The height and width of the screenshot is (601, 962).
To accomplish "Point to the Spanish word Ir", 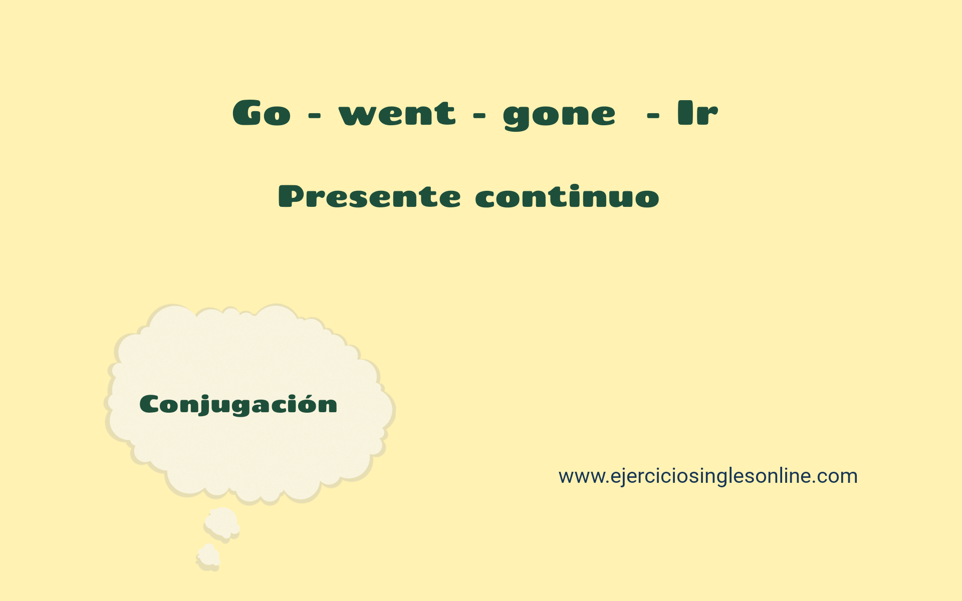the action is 697,112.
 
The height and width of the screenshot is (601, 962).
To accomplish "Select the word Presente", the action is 369,196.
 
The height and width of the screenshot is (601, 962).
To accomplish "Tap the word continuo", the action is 567,196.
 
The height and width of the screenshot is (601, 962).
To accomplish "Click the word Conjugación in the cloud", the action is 238,405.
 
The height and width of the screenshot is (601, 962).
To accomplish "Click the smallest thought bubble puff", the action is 208,557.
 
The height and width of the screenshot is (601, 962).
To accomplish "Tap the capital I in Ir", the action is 684,112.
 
